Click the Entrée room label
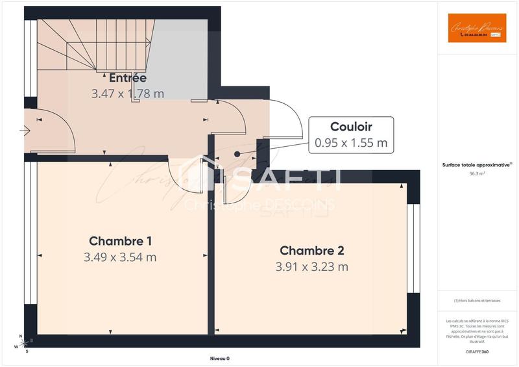coord(127,78)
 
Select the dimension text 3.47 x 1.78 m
coord(127,94)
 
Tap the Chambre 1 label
coord(120,241)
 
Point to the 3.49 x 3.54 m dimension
coord(120,257)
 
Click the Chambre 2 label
coord(311,251)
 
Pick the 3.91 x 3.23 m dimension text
coord(311,266)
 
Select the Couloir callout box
coord(351,134)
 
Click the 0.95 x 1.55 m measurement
coord(351,142)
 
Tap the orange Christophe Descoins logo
coord(477,29)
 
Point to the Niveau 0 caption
coord(219,359)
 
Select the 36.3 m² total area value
coord(477,174)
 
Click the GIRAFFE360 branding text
coord(477,350)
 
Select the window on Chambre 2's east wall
coord(410,249)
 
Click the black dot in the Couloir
coord(237,154)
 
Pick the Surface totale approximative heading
coord(477,166)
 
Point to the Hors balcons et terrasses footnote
coord(477,300)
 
